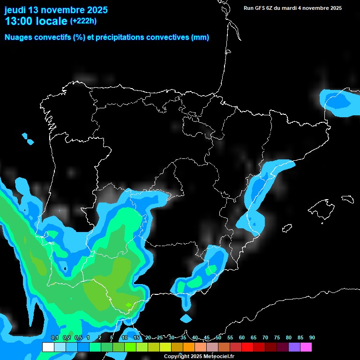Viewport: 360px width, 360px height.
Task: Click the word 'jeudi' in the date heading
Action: (x=15, y=10)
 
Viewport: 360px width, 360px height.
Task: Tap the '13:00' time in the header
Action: (x=19, y=21)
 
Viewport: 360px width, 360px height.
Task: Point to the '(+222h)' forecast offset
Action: (x=83, y=21)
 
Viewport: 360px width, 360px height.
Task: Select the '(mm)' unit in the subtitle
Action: (x=200, y=37)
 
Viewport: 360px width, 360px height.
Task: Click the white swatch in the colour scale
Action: (x=48, y=347)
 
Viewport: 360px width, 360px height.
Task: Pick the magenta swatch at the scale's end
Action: (x=306, y=347)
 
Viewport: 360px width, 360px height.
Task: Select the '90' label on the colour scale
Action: (x=312, y=337)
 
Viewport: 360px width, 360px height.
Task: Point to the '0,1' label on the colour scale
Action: (x=54, y=337)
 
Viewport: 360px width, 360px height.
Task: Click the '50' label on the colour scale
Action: (x=218, y=337)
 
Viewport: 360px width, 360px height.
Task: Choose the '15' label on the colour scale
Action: (x=136, y=337)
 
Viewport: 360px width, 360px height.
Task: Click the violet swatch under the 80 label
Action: (x=294, y=347)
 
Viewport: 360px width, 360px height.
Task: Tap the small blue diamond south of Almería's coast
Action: (x=186, y=319)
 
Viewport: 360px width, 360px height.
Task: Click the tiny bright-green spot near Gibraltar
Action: (x=128, y=305)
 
